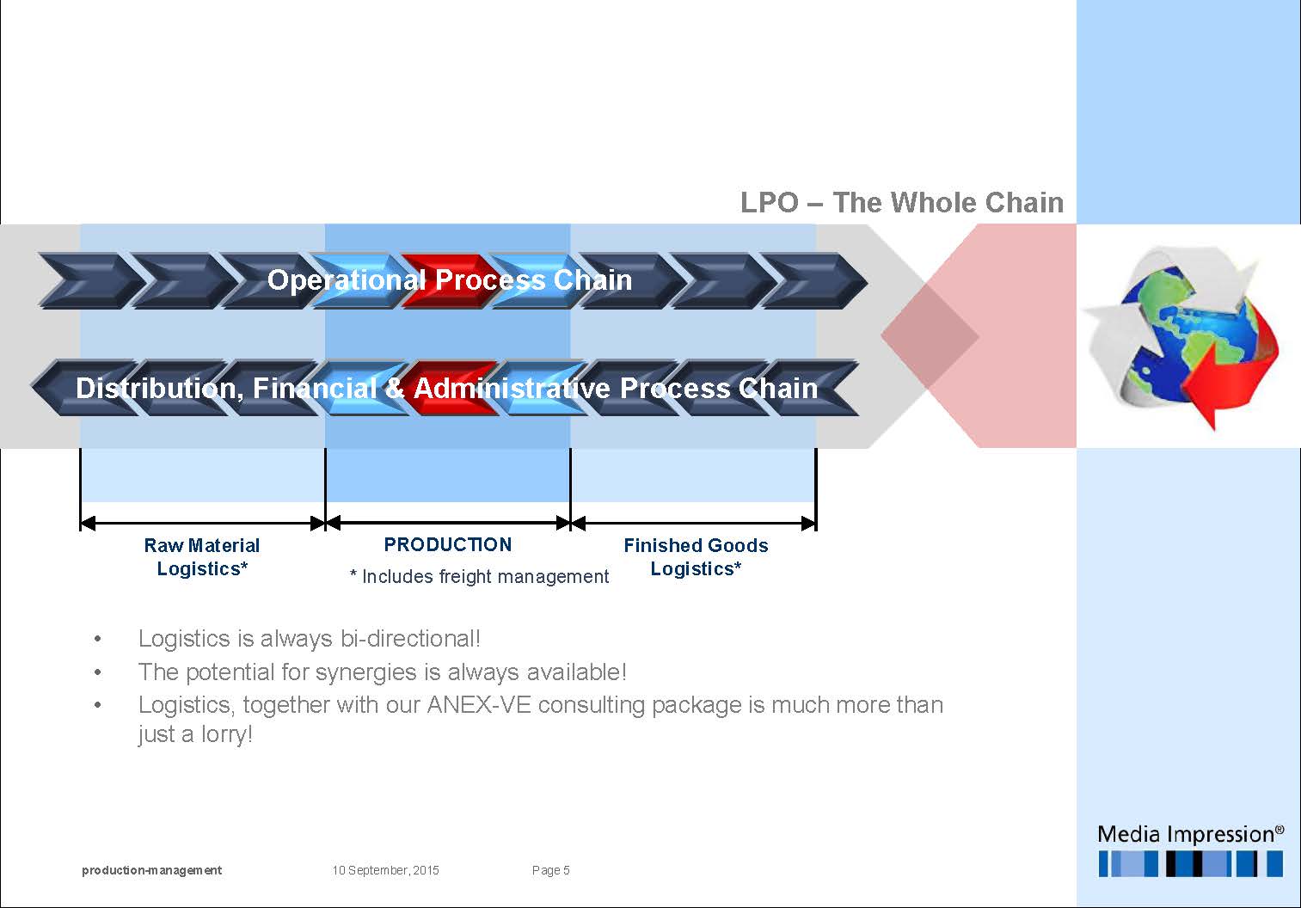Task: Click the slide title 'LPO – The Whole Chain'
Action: point(901,202)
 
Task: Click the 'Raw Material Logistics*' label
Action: point(202,556)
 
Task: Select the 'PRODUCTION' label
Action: point(447,544)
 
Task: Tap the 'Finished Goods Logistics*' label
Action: point(696,556)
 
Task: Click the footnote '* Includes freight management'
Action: point(479,576)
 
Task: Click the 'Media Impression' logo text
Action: point(1190,834)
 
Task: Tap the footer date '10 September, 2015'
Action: point(385,870)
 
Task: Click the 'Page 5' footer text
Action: point(550,870)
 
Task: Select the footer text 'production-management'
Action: point(151,870)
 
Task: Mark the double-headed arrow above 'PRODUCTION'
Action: point(448,522)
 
